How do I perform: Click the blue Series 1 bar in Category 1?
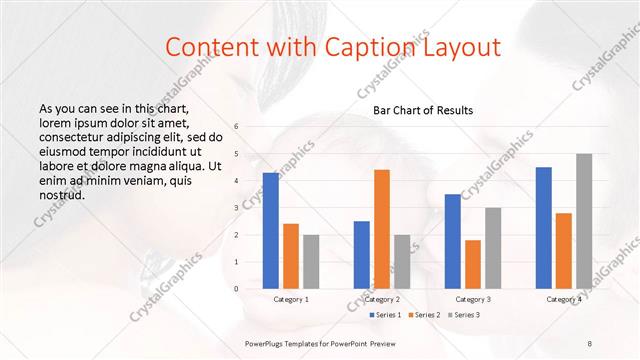(271, 230)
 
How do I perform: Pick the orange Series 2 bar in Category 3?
(473, 264)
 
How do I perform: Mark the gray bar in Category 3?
(493, 247)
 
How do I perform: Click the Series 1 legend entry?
(386, 316)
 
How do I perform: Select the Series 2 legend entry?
(424, 316)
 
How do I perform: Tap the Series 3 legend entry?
(463, 316)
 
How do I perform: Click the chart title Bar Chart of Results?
(423, 110)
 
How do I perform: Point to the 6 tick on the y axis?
(236, 127)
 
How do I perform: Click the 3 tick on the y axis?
(236, 208)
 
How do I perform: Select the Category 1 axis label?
(291, 299)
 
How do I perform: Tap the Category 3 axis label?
(473, 299)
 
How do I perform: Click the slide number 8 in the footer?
(589, 343)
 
